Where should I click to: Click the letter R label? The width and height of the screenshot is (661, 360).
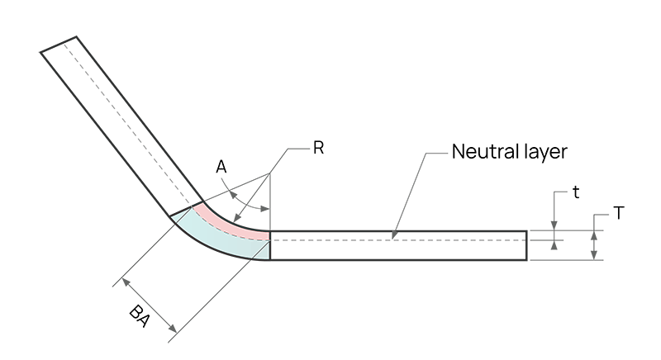pos(318,148)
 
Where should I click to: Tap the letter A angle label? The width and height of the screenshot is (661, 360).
pos(221,167)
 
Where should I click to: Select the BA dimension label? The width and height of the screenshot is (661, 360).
pos(140,316)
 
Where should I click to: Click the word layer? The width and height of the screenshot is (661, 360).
pos(544,153)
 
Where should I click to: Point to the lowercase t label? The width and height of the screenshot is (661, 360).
pos(576,192)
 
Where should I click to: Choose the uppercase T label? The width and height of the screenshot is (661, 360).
pos(618,214)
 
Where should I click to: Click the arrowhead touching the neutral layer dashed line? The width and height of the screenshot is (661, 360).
pos(394,235)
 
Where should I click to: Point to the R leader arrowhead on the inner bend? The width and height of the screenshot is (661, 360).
pos(237,218)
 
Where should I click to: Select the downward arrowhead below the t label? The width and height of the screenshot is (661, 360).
pos(554,225)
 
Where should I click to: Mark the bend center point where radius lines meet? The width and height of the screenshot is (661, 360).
pos(270,173)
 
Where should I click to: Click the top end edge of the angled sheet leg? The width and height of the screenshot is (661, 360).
pos(58,45)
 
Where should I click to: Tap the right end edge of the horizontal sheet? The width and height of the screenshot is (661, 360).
pos(527,245)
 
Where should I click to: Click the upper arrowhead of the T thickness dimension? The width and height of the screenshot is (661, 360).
pos(594,236)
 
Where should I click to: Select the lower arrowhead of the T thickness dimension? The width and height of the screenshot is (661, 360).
pos(594,255)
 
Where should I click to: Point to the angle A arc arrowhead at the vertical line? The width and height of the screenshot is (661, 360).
pos(264,208)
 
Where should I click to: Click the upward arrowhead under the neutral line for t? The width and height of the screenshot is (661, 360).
pos(554,244)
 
